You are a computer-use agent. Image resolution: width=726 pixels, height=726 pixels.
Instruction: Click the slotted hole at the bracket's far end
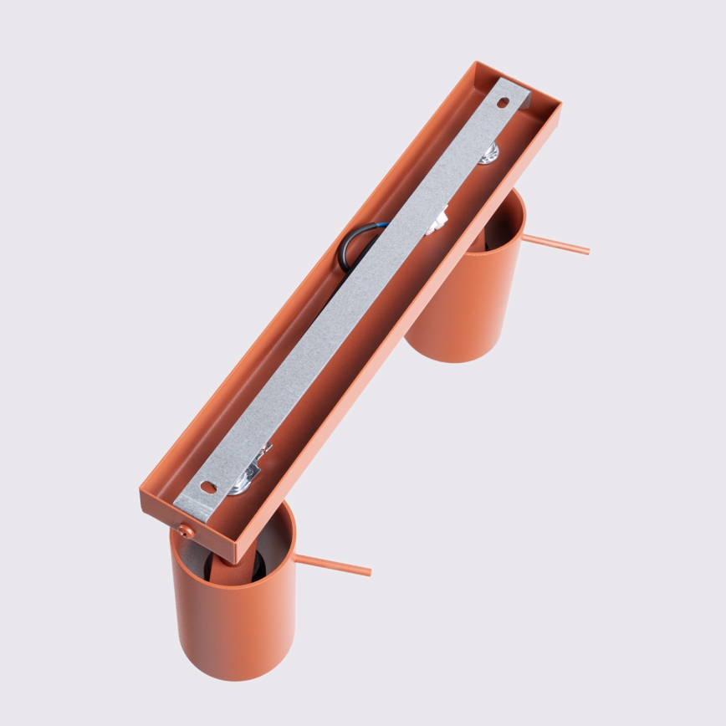[503, 104]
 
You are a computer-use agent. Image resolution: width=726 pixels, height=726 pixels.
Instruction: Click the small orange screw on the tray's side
[187, 530]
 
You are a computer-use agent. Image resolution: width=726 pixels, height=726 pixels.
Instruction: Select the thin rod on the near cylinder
[333, 565]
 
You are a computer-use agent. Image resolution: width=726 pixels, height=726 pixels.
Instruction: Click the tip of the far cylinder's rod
[586, 250]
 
